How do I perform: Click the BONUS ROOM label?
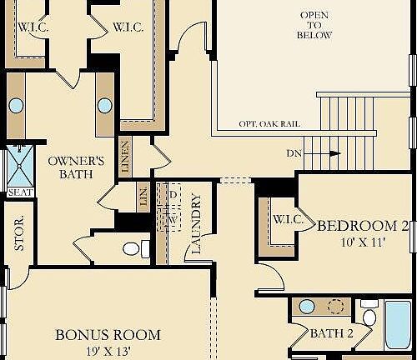pos(108,335)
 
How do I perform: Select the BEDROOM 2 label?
pos(363,225)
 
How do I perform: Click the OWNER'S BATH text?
pos(75,167)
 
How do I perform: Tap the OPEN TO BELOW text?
pos(314,26)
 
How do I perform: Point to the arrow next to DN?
pos(333,153)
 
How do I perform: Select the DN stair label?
pos(294,153)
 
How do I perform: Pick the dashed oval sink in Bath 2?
pos(337,306)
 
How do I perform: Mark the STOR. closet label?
pos(19,233)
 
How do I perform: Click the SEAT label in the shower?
pos(19,192)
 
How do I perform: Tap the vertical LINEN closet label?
pos(125,158)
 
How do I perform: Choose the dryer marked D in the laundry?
pos(173,193)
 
